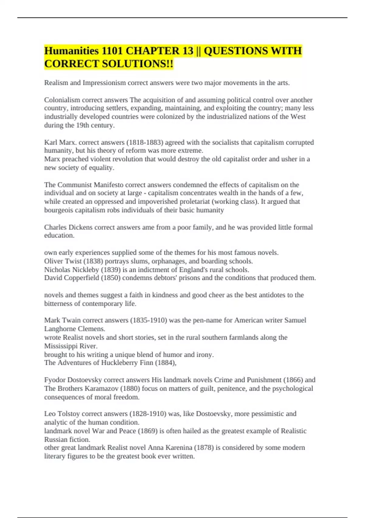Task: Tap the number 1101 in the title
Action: (112, 51)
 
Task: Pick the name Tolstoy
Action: (68, 414)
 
